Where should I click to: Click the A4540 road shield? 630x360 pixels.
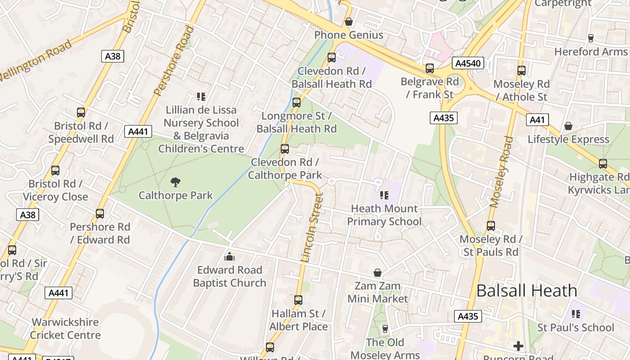point(468,63)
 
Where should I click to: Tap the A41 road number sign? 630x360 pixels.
point(537,120)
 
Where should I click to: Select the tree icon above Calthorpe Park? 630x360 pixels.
point(175,182)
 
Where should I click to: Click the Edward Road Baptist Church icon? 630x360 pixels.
point(229,257)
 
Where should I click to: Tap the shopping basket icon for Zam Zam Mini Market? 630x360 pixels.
point(378,273)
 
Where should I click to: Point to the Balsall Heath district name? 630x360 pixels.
point(526,291)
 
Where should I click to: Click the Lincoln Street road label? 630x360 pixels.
point(312,228)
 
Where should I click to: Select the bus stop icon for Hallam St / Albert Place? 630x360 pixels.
point(298,300)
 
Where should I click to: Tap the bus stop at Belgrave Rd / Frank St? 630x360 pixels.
point(430,68)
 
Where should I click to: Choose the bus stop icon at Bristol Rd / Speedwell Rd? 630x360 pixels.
point(81,112)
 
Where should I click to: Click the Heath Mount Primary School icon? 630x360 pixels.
point(384,195)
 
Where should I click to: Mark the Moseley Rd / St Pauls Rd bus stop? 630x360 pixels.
point(491,226)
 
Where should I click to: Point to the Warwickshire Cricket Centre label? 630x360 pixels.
point(65,328)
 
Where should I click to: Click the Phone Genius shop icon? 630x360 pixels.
point(348,22)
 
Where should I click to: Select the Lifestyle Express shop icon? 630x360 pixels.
point(568,126)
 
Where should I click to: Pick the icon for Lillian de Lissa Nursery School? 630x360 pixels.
point(201,96)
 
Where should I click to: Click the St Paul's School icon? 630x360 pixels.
point(576,314)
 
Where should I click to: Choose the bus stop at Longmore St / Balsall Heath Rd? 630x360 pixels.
point(296,103)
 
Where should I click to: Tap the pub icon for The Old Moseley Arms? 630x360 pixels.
point(385,329)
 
